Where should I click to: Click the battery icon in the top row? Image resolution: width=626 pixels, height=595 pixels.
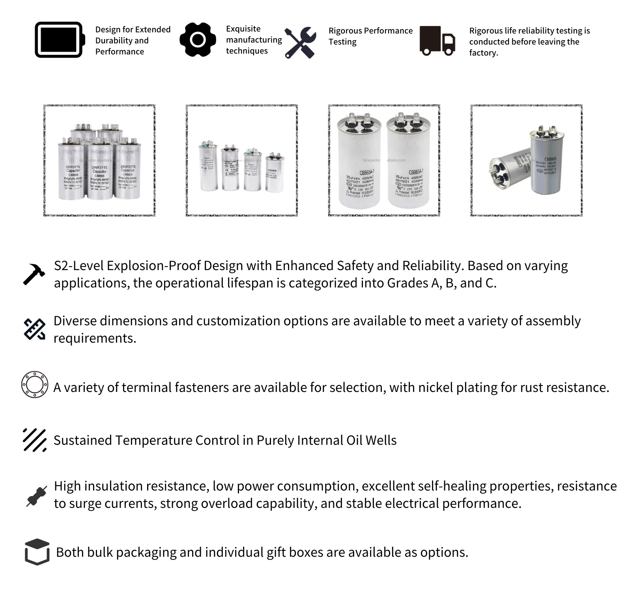pyautogui.click(x=60, y=40)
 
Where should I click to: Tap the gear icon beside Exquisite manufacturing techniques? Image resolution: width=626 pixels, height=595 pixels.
pyautogui.click(x=198, y=39)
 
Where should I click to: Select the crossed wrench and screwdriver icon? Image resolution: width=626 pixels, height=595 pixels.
pyautogui.click(x=301, y=43)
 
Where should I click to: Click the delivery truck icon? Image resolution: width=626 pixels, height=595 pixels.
pyautogui.click(x=437, y=41)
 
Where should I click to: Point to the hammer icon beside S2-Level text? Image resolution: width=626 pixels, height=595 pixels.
pyautogui.click(x=34, y=274)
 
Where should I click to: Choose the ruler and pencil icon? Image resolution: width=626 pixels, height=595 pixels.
pyautogui.click(x=34, y=329)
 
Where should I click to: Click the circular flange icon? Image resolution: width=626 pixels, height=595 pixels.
pyautogui.click(x=35, y=384)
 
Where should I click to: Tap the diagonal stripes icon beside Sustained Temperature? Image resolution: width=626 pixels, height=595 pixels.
pyautogui.click(x=35, y=440)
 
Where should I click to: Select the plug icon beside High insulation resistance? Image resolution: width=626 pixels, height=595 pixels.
pyautogui.click(x=36, y=496)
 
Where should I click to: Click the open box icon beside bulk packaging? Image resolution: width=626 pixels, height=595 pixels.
pyautogui.click(x=37, y=552)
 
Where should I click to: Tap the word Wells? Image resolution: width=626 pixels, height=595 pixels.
pyautogui.click(x=381, y=440)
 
